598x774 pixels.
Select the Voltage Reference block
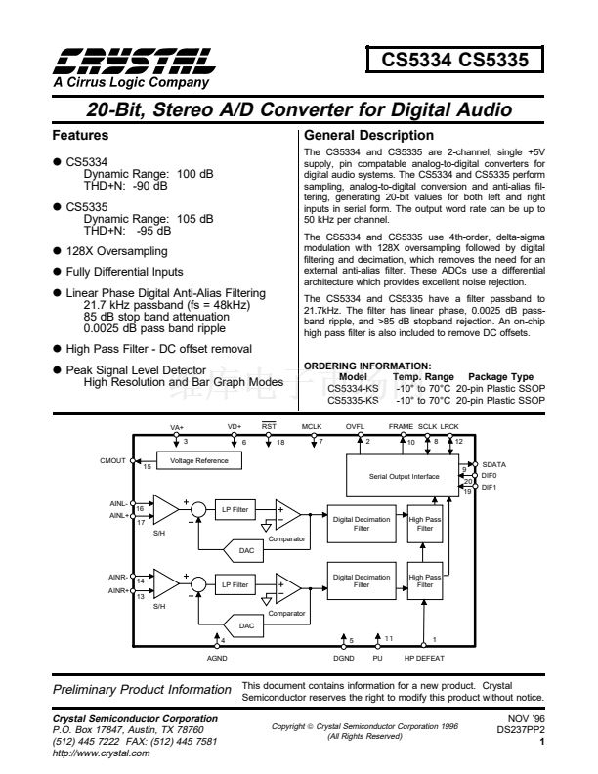(x=200, y=460)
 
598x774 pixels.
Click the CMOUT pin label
(x=113, y=460)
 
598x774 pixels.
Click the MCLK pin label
(x=311, y=428)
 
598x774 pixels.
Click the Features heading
(x=79, y=136)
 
